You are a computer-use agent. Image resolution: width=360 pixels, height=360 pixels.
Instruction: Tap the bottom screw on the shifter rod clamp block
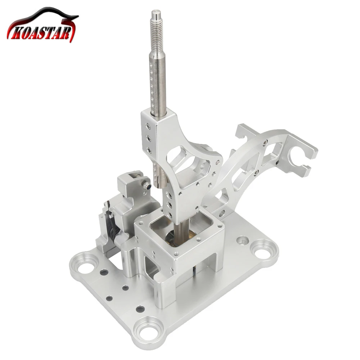(x=149, y=150)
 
